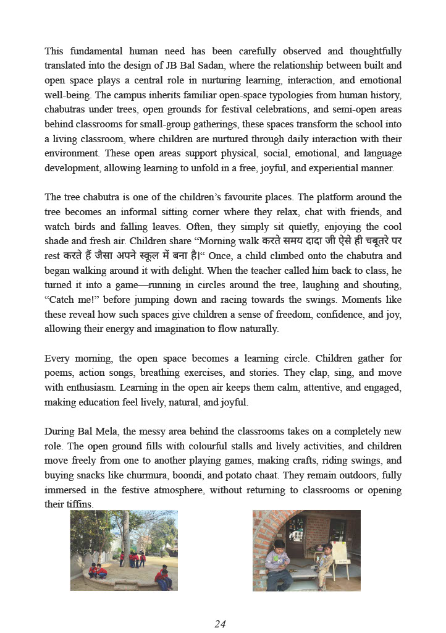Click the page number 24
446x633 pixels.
tap(220, 624)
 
